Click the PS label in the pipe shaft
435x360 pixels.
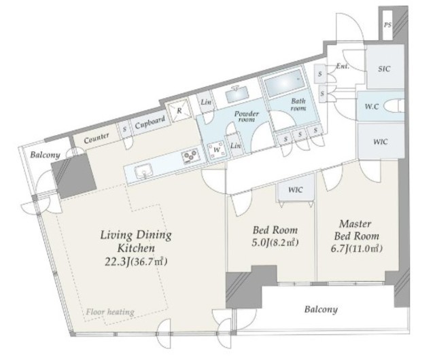click(x=387, y=25)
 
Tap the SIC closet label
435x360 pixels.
click(x=384, y=69)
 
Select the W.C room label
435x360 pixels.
click(x=372, y=106)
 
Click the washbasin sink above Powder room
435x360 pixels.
click(x=237, y=94)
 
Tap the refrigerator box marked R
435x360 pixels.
click(x=179, y=111)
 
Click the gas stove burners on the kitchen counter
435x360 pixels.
click(x=190, y=155)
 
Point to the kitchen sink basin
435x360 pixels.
click(x=143, y=172)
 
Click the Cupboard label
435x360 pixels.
click(x=150, y=123)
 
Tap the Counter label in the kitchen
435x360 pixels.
click(x=97, y=138)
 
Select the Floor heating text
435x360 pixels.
click(x=110, y=312)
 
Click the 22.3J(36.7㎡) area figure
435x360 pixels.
click(x=136, y=262)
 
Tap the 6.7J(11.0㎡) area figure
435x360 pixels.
click(x=357, y=248)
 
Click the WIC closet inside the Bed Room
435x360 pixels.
click(x=296, y=190)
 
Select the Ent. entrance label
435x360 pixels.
click(x=343, y=67)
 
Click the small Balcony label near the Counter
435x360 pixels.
click(x=45, y=155)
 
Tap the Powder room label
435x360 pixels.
click(x=246, y=116)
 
